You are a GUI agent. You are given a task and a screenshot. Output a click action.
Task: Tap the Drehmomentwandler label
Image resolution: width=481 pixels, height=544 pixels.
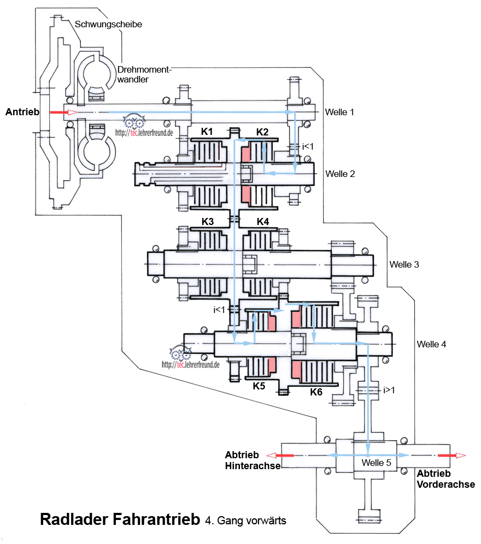tap(144, 74)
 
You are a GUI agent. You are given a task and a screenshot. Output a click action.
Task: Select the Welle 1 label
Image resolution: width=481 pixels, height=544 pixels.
tap(339, 112)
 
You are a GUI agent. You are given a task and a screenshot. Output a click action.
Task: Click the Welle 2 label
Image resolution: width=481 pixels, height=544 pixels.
tap(340, 174)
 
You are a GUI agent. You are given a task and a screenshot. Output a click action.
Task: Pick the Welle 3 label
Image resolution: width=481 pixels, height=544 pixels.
tap(404, 264)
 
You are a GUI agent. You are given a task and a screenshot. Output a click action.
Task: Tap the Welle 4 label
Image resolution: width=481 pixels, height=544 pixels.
tap(431, 344)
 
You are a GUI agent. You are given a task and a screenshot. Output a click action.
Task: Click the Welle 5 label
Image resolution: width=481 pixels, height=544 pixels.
tap(377, 462)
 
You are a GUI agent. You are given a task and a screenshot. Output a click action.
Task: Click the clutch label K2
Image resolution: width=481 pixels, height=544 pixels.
tap(262, 132)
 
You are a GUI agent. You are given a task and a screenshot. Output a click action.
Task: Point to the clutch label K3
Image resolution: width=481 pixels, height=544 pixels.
tap(207, 222)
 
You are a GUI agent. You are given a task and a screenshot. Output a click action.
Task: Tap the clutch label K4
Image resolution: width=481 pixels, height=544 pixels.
tap(262, 222)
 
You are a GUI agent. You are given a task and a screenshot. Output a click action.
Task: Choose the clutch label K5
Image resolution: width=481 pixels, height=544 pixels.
tap(259, 386)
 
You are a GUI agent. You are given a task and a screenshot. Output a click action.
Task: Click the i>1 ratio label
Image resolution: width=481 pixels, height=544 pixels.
tap(390, 390)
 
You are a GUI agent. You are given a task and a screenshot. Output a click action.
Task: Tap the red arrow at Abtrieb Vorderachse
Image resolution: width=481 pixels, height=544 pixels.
tap(451, 455)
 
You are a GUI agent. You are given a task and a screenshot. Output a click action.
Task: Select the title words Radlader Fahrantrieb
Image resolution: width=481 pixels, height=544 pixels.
tap(119, 519)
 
